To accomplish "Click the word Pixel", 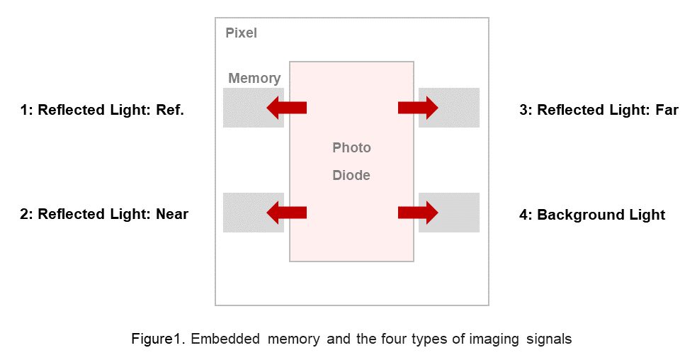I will pos(241,33).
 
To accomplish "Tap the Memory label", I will pos(254,79).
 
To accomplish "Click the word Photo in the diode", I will pos(351,148).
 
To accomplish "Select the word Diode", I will pos(351,175).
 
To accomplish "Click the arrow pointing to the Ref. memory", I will pos(286,108).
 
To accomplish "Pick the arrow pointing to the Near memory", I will pos(286,212).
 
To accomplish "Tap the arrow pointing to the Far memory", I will pos(418,108).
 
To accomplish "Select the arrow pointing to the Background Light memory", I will pos(418,212).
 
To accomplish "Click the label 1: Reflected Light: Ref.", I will pos(102,110).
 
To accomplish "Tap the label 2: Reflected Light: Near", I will pos(104,214).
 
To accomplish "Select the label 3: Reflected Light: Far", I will pos(599,110).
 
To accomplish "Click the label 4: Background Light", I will pos(592,215).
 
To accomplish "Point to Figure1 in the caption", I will pos(155,339).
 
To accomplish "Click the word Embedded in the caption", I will pos(225,339).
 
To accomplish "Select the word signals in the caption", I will pos(548,339).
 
